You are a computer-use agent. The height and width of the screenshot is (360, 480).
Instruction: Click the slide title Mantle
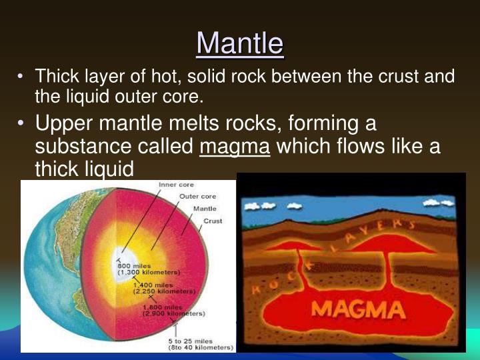pyautogui.click(x=240, y=43)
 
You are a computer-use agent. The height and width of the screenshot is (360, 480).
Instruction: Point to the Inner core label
pyautogui.click(x=177, y=185)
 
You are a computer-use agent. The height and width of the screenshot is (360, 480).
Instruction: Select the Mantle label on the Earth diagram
pyautogui.click(x=204, y=209)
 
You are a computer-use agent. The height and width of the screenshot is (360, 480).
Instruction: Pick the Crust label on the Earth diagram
pyautogui.click(x=213, y=221)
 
